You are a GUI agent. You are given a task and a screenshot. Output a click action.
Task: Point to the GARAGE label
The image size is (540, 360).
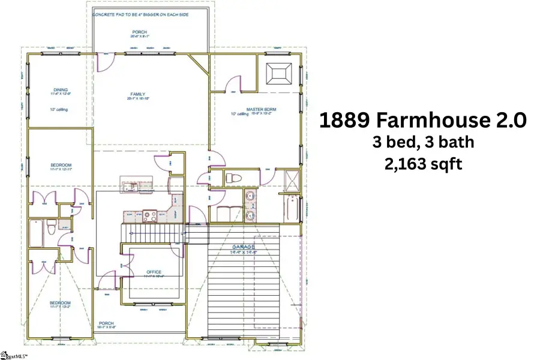coord(244,247)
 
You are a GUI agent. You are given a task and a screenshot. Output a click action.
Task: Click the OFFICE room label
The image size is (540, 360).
coord(154,272)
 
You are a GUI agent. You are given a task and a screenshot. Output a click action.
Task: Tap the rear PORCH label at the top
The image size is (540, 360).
coord(140,32)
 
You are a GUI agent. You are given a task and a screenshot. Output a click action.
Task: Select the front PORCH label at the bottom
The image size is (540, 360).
coord(106,323)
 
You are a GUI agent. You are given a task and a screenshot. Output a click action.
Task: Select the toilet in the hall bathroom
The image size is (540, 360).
coord(52,228)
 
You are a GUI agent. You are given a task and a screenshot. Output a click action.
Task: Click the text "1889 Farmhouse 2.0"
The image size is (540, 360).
coord(422,120)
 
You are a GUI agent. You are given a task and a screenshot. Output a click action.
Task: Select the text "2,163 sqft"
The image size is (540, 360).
coord(423,164)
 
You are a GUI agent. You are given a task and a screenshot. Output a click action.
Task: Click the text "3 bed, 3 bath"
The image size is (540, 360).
coord(423,142)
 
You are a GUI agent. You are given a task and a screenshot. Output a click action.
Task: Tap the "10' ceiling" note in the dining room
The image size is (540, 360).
coord(61,109)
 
